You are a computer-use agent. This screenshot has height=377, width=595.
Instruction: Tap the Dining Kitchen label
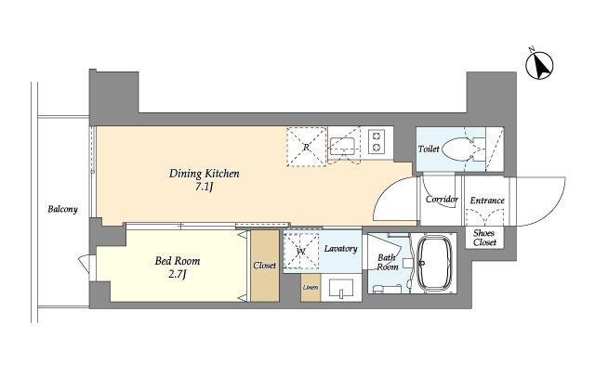pyautogui.click(x=205, y=174)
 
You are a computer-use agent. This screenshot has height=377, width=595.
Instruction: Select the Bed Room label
pyautogui.click(x=178, y=261)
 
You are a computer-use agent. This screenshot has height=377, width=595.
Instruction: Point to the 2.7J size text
pyautogui.click(x=178, y=274)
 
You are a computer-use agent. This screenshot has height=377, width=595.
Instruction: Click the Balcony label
pyautogui.click(x=62, y=209)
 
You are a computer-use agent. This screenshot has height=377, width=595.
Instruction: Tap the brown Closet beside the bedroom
pyautogui.click(x=264, y=266)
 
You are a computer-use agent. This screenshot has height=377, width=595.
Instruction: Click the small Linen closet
pyautogui.click(x=311, y=288)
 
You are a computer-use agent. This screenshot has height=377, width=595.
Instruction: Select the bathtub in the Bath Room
pyautogui.click(x=435, y=264)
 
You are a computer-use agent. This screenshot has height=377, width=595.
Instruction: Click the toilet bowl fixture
pyautogui.click(x=463, y=149)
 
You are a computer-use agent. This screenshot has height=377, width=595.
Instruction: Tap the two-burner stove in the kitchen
pyautogui.click(x=377, y=142)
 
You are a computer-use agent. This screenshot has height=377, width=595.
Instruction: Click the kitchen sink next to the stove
pyautogui.click(x=342, y=147)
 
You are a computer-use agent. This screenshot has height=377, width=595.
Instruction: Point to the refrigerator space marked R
pyautogui.click(x=306, y=147)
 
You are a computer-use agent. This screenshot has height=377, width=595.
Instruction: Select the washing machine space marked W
pyautogui.click(x=302, y=251)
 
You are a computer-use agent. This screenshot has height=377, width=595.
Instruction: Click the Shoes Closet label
pyautogui.click(x=484, y=238)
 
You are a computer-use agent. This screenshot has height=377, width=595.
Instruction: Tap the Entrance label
pyautogui.click(x=487, y=201)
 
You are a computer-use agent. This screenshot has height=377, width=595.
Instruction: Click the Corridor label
pyautogui.click(x=443, y=200)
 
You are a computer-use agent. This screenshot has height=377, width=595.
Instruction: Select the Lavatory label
pyautogui.click(x=341, y=249)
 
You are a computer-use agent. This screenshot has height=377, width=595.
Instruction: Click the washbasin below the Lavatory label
pyautogui.click(x=341, y=289)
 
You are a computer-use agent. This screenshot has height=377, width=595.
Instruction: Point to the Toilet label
pyautogui.click(x=429, y=149)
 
